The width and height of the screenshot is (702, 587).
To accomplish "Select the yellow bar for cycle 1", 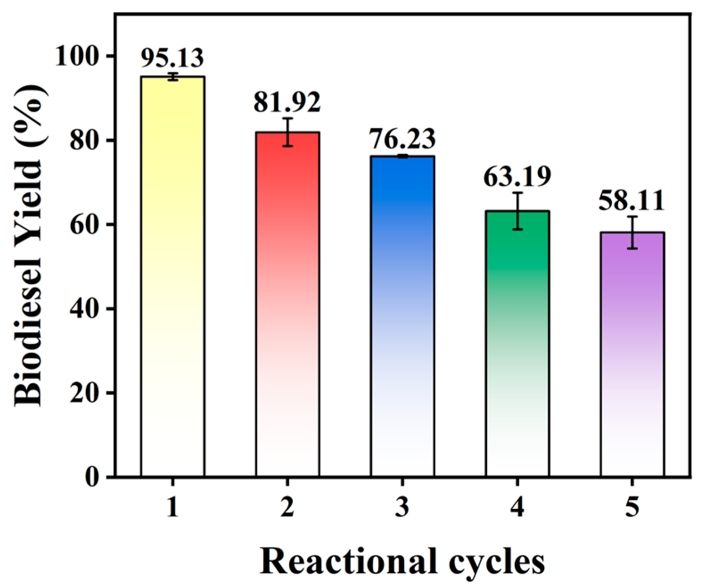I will (x=172, y=276).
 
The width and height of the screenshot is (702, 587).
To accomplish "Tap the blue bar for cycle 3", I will (x=402, y=316).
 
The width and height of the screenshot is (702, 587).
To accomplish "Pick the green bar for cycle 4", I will (x=517, y=343).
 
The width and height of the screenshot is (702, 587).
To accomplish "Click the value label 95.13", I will (x=172, y=57).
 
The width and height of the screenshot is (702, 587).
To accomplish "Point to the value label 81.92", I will (x=287, y=102).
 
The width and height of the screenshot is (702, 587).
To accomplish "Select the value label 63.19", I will (x=517, y=177).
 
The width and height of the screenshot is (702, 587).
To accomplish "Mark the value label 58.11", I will (x=631, y=201).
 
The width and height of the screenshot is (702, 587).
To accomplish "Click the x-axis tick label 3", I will (x=402, y=507).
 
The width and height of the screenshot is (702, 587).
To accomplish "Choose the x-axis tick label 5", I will (x=632, y=507).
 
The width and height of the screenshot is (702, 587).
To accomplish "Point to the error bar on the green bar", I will (x=517, y=211).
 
